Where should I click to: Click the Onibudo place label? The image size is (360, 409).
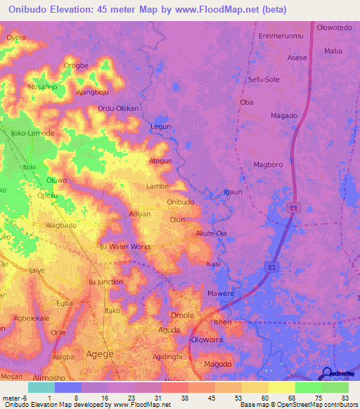click(181, 202)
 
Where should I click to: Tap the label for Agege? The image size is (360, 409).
click(99, 353)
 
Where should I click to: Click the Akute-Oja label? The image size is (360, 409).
click(211, 233)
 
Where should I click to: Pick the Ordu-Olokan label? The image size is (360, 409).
click(118, 109)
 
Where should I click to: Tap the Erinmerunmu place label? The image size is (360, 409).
click(278, 34)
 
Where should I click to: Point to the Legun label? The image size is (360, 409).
click(161, 126)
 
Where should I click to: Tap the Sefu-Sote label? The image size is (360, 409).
click(264, 80)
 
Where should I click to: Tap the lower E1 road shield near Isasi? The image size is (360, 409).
click(272, 267)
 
